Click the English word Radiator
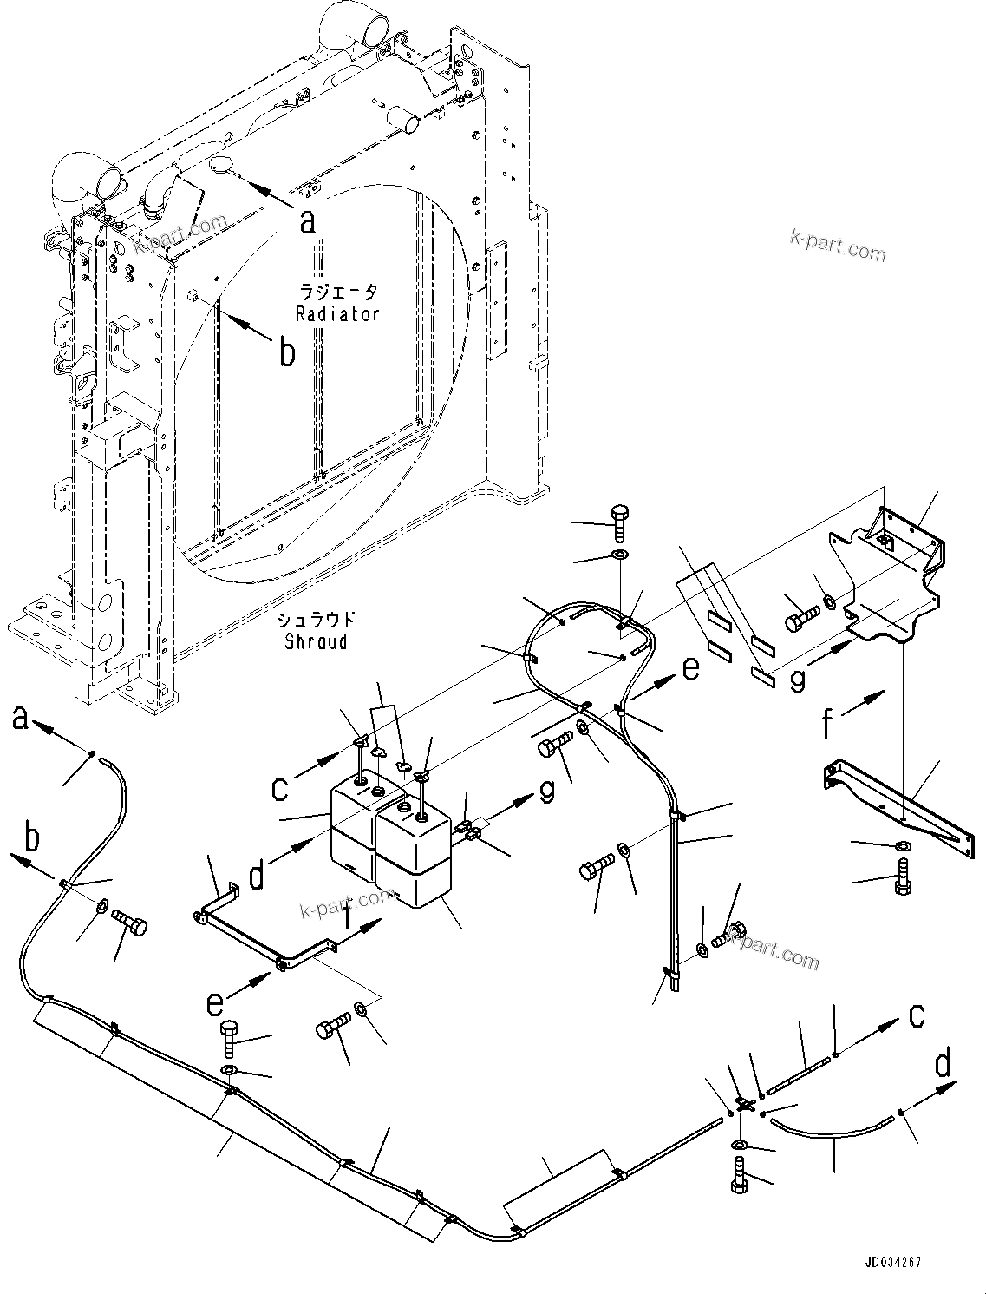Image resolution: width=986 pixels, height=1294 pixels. point(337,314)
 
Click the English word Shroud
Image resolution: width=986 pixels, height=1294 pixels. point(316,641)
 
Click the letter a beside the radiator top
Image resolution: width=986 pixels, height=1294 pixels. point(307,222)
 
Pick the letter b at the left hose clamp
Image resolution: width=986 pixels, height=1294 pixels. point(30,840)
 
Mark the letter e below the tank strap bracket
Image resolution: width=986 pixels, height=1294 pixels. point(214,1003)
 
